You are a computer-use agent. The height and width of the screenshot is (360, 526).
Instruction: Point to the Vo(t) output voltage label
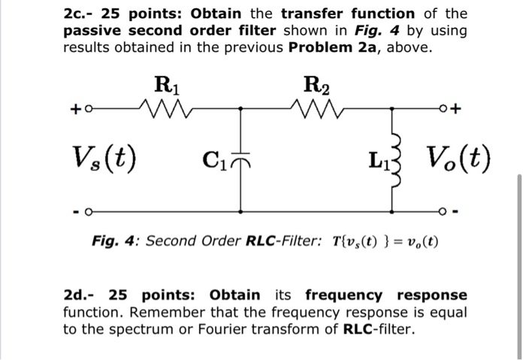point(458,158)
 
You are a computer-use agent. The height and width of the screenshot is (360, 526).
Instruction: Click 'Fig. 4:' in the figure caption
point(116,241)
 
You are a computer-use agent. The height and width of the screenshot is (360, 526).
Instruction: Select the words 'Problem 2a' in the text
point(335,47)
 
